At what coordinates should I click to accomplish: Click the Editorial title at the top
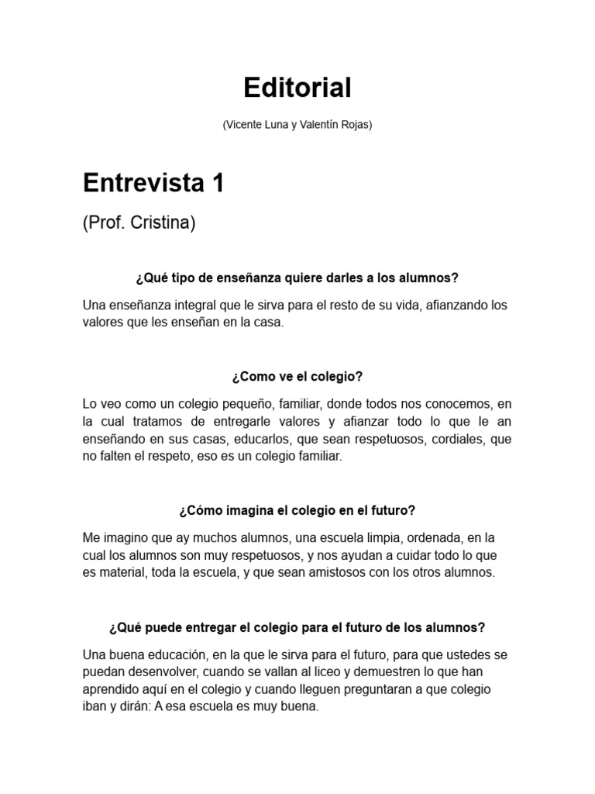coord(297,88)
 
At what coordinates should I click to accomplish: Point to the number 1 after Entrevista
coord(218,184)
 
